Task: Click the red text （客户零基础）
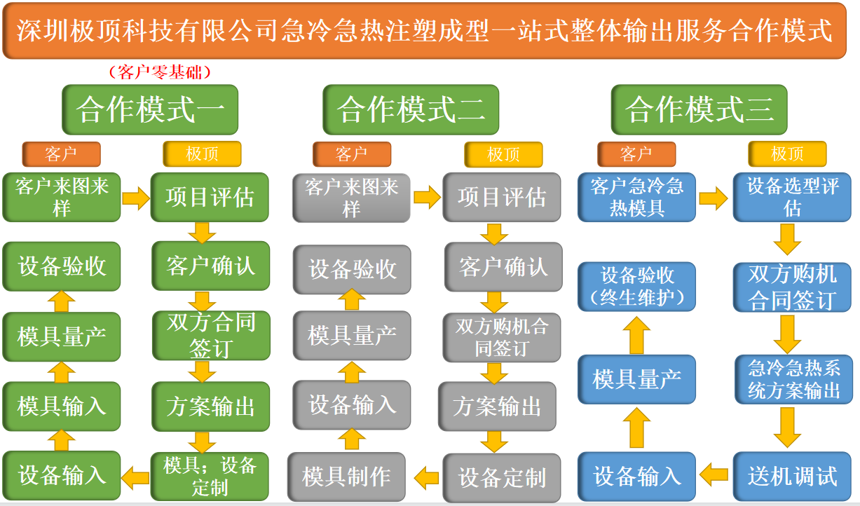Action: coord(160,71)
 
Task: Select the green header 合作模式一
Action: coord(150,110)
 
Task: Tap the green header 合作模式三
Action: coord(699,110)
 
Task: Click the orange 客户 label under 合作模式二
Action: coord(351,154)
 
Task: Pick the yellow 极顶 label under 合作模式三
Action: coord(787,153)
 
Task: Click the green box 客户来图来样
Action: coord(62,197)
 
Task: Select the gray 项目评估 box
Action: coord(502,198)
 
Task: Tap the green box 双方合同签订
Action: coord(210,335)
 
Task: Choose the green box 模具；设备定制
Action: coord(210,475)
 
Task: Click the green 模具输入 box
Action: coord(62,406)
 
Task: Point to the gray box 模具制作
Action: coord(346,477)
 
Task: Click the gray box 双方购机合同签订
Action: coord(502,337)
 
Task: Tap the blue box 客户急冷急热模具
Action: coord(636,197)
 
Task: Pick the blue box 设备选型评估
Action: coord(793,197)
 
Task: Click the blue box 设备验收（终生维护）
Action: coord(636,286)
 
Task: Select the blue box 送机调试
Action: coord(793,477)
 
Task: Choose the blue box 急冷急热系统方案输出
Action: coord(793,379)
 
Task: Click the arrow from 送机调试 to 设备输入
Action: coord(714,474)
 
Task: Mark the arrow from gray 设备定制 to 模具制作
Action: coord(425,477)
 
